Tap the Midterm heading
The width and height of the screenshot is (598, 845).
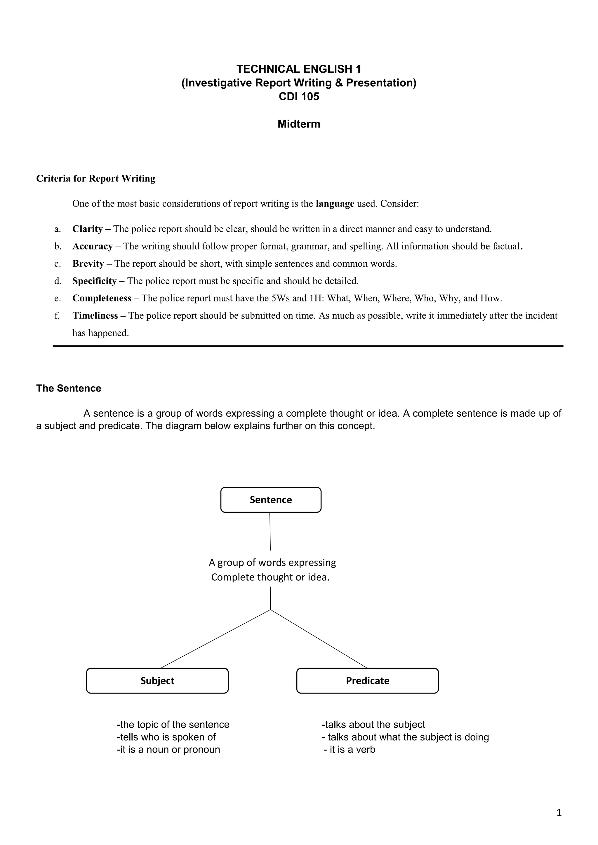click(299, 124)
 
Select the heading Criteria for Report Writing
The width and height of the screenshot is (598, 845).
click(96, 179)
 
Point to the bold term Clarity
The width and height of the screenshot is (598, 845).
click(87, 229)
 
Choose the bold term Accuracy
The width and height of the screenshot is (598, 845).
click(93, 246)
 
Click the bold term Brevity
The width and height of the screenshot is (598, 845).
click(88, 263)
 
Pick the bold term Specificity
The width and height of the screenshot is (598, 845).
click(94, 281)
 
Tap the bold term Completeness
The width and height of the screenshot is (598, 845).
click(102, 298)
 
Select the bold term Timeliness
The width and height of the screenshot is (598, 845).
click(95, 315)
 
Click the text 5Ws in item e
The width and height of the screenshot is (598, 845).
click(280, 298)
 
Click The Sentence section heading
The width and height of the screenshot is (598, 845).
click(69, 388)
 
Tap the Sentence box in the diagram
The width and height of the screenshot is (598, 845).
click(271, 500)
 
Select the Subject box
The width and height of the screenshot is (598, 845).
click(157, 680)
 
